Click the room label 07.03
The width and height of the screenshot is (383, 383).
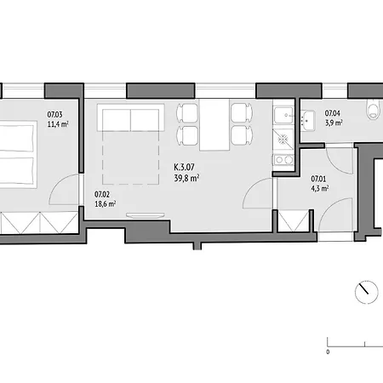(x=54, y=115)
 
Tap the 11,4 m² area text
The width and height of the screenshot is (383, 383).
(x=58, y=124)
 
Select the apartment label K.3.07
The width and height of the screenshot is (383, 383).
(x=185, y=167)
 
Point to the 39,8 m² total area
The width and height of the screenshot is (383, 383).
(x=186, y=178)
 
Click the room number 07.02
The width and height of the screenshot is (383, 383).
(x=102, y=194)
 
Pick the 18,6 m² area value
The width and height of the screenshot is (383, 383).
(x=105, y=204)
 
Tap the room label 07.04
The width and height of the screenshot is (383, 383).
(x=333, y=113)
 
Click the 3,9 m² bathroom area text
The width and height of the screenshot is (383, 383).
(x=334, y=123)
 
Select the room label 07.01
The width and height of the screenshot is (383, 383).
(x=318, y=179)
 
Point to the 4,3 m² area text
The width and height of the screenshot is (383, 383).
(x=320, y=188)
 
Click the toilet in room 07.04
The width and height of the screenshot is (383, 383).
(x=374, y=109)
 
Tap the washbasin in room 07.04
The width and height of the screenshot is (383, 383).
(x=307, y=121)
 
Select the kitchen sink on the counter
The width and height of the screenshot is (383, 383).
(x=283, y=116)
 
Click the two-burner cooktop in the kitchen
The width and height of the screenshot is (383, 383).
(x=283, y=160)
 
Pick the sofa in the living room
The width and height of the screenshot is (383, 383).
(x=131, y=117)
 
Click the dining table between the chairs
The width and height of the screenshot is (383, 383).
(x=214, y=124)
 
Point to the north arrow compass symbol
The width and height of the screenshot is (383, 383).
(x=367, y=292)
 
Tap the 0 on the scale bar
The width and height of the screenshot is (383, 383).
(x=328, y=352)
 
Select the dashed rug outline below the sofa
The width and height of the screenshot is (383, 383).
(x=130, y=157)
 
